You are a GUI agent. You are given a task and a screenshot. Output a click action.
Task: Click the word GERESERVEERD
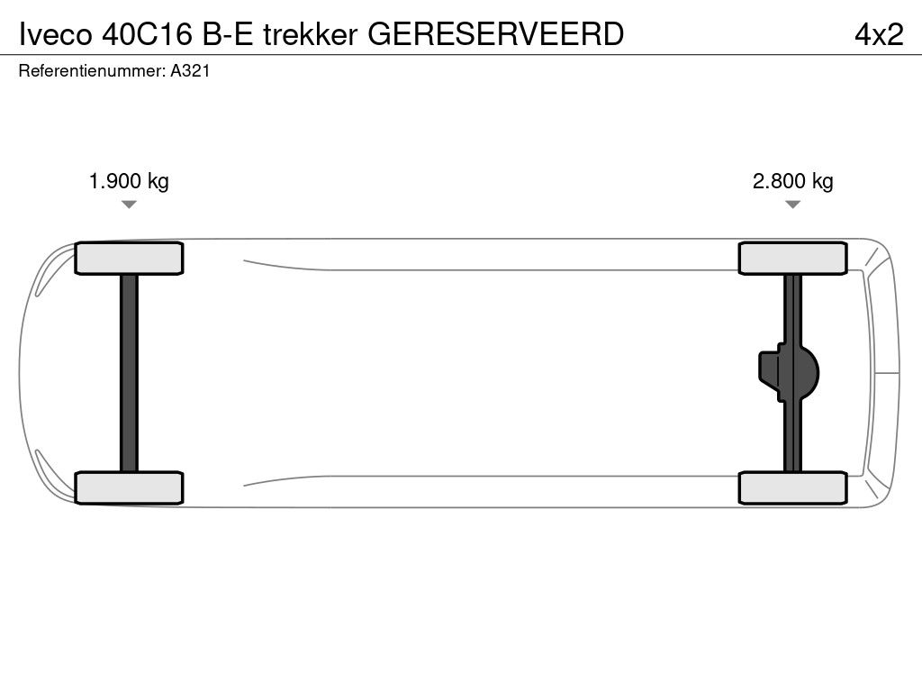(x=496, y=34)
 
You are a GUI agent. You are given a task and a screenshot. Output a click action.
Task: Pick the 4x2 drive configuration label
(x=879, y=34)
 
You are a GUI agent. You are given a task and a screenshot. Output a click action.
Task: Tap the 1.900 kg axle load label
(x=129, y=181)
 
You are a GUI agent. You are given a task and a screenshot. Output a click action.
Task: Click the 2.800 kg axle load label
(x=793, y=181)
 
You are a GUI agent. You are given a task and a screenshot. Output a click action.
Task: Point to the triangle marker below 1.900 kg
(x=129, y=205)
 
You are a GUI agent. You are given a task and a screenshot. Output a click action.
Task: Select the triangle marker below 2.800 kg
(x=792, y=205)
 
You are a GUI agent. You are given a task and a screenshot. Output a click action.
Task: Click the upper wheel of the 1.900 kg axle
(x=129, y=259)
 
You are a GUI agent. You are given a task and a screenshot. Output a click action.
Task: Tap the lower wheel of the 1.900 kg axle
(x=129, y=487)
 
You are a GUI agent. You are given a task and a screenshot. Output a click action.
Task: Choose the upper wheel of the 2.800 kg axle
(x=792, y=259)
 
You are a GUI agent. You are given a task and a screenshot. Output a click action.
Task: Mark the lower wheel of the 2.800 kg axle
(x=792, y=487)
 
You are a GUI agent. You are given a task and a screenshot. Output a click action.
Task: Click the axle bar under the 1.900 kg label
(x=129, y=372)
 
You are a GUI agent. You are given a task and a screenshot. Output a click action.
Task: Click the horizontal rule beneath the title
(x=461, y=55)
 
